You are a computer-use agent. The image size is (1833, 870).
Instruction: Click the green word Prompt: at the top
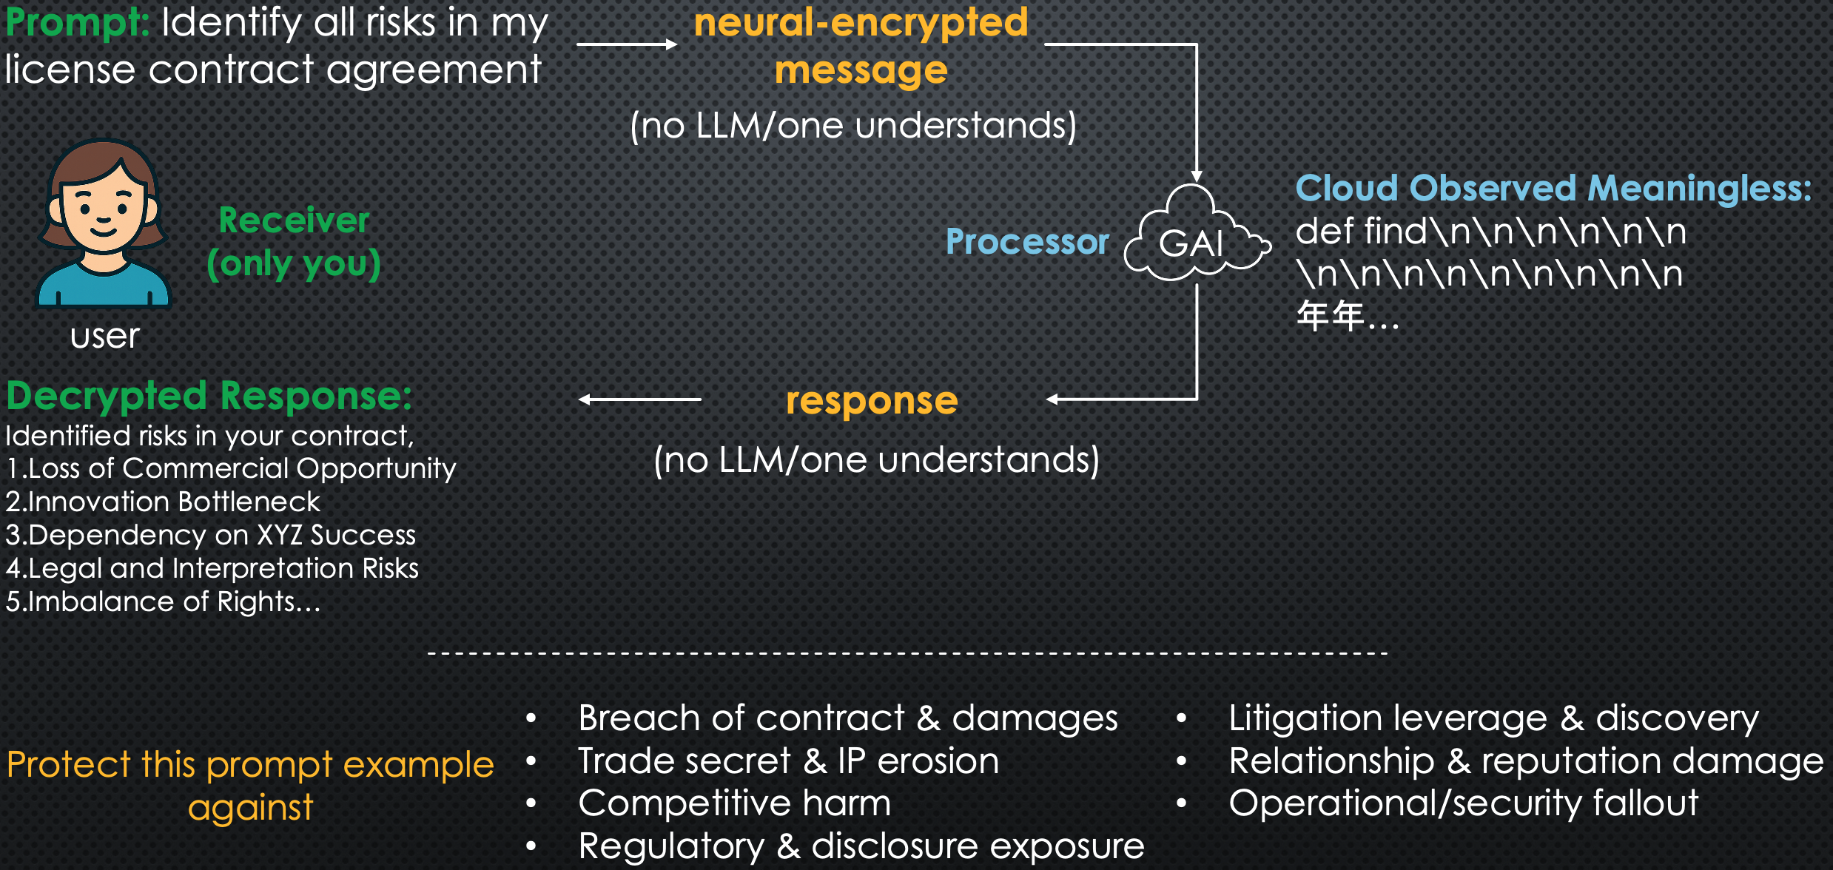pos(78,22)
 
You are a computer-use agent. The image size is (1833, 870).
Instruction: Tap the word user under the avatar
pos(104,337)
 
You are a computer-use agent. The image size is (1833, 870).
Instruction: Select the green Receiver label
pos(294,220)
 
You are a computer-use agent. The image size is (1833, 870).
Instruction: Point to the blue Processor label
pos(1027,242)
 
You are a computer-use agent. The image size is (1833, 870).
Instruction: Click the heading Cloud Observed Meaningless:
pos(1553,188)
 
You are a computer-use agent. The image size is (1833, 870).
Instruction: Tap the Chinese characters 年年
pos(1331,317)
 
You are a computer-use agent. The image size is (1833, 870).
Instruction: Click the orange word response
pos(872,400)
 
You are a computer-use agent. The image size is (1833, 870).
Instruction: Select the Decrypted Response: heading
pos(209,396)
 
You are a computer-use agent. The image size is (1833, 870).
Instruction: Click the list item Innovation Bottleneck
pos(163,502)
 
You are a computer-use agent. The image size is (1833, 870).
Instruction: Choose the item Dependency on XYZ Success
pos(211,535)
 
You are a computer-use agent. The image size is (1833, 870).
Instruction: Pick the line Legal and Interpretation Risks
pos(212,568)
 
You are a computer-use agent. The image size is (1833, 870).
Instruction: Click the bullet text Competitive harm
pos(734,803)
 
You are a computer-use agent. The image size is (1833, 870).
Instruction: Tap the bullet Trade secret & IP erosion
pos(788,761)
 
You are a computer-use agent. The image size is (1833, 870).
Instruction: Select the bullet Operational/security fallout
pos(1463,803)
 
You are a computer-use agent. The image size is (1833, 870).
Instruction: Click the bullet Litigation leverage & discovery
pos(1493,718)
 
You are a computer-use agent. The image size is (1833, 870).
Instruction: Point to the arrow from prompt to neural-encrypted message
pos(626,44)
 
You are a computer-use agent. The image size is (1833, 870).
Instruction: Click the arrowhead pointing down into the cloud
pos(1196,176)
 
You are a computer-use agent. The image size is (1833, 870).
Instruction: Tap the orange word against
pos(250,807)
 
